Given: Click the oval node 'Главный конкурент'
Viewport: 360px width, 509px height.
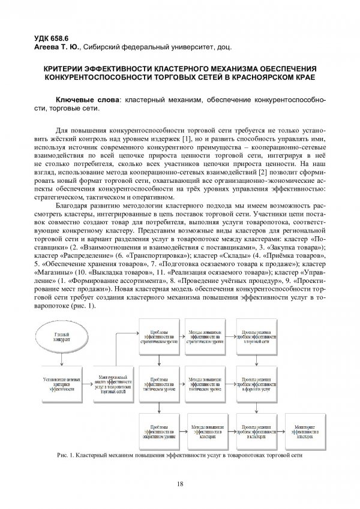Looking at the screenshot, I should pyautogui.click(x=59, y=337).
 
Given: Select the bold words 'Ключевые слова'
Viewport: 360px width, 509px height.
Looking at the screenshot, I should pyautogui.click(x=86, y=99).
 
